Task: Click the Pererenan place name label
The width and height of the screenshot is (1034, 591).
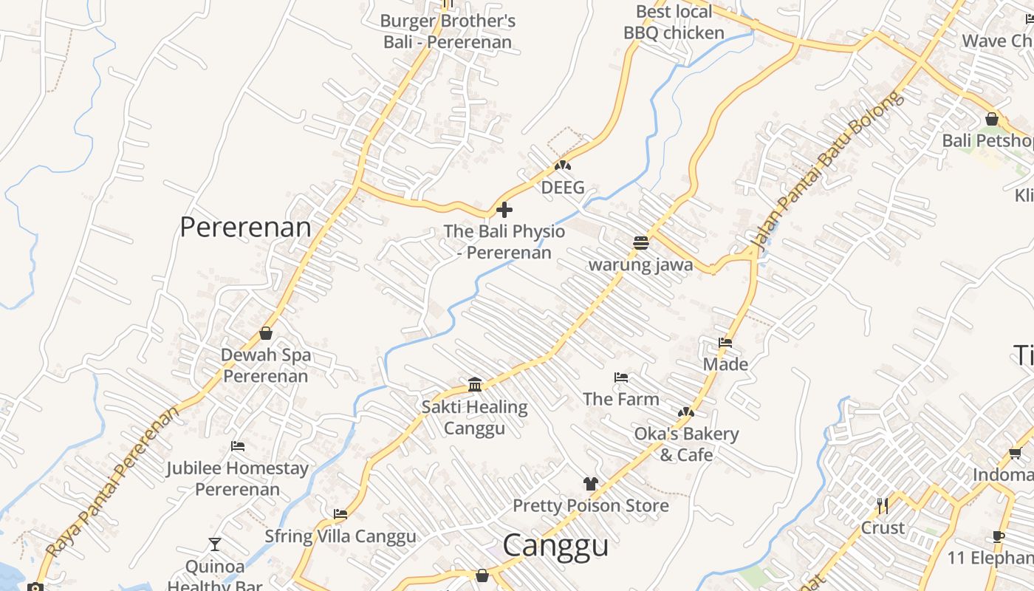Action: [x=245, y=227]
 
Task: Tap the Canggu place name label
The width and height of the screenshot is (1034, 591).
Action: [x=555, y=545]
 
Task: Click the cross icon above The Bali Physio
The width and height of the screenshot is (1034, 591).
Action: [x=504, y=210]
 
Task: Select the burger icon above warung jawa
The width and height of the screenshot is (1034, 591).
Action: [x=640, y=242]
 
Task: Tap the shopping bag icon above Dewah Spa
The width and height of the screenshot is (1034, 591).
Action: [x=266, y=333]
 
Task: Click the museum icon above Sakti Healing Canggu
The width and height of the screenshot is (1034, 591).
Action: [x=475, y=385]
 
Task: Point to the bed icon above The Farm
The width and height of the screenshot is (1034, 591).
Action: [x=621, y=378]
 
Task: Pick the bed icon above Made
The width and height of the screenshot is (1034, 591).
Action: [x=725, y=343]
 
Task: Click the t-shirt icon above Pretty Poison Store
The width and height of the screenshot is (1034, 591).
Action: [x=590, y=484]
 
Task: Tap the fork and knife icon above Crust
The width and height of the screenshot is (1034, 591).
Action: [x=883, y=506]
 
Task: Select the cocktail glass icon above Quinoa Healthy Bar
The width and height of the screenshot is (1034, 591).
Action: [x=215, y=544]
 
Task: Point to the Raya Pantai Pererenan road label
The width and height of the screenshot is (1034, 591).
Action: [x=113, y=481]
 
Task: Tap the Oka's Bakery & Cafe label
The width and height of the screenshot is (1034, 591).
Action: [x=686, y=444]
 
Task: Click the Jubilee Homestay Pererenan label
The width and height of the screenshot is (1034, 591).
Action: [x=237, y=478]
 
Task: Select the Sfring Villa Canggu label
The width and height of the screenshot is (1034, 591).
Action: [x=340, y=536]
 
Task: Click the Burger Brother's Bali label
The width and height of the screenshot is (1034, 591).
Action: [x=448, y=31]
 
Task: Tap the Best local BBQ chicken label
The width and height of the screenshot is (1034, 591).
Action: [x=674, y=22]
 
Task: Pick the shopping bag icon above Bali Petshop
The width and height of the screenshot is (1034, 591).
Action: [x=992, y=119]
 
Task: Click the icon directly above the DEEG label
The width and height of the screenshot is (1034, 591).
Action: [x=563, y=165]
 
